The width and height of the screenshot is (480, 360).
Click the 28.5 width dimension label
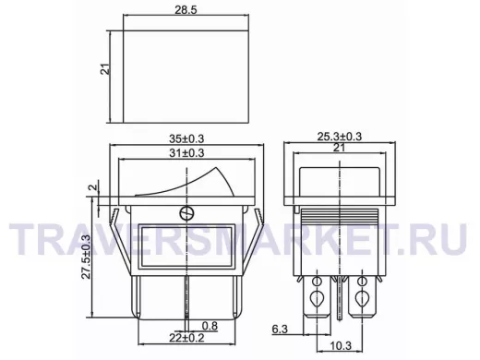coord(186,10)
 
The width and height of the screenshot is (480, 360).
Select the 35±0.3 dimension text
coord(186,138)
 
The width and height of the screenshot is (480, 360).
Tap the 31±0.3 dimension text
coord(186,153)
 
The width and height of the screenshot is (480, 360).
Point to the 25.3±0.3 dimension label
coord(339,136)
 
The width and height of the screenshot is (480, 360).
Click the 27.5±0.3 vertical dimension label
coord(87,257)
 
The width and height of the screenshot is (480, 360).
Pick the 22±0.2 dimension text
coord(186,338)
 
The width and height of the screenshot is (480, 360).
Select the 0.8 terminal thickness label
coord(210,326)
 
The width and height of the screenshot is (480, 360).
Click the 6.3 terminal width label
coord(280,330)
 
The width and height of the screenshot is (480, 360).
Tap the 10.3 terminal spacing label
coord(341,345)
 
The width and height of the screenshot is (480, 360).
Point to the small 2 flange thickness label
coord(94,186)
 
